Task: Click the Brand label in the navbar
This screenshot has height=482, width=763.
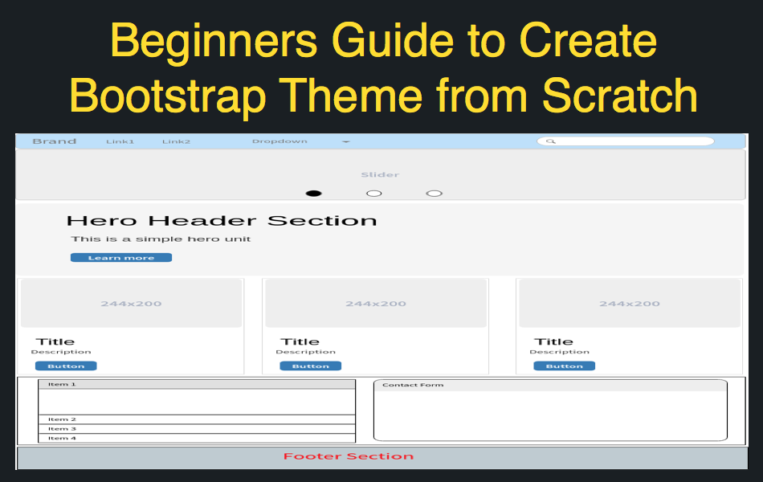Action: pyautogui.click(x=55, y=141)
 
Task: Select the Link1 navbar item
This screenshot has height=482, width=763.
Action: pyautogui.click(x=120, y=141)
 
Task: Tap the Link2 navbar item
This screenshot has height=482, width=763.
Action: pyautogui.click(x=176, y=141)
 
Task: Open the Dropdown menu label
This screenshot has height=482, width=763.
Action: pyautogui.click(x=279, y=141)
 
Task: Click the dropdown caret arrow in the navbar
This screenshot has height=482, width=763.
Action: pyautogui.click(x=346, y=141)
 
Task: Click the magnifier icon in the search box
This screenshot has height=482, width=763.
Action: pyautogui.click(x=551, y=141)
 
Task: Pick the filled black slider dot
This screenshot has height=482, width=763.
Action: pyautogui.click(x=313, y=194)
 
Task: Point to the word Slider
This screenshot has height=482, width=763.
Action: pyautogui.click(x=380, y=175)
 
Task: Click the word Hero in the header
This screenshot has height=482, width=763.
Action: pyautogui.click(x=102, y=221)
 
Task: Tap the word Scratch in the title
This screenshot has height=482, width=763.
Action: pyautogui.click(x=620, y=96)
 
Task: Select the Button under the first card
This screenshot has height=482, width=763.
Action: pyautogui.click(x=66, y=366)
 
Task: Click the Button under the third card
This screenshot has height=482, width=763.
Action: pyautogui.click(x=565, y=366)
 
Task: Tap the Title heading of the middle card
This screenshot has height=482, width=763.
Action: pyautogui.click(x=300, y=341)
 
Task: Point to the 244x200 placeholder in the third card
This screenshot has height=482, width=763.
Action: pyautogui.click(x=630, y=304)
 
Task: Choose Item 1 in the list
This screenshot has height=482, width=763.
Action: pyautogui.click(x=63, y=385)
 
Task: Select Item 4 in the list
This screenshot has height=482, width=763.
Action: pyautogui.click(x=63, y=438)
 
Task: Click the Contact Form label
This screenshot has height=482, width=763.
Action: pyautogui.click(x=413, y=385)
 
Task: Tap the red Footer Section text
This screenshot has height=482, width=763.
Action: pyautogui.click(x=349, y=456)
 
